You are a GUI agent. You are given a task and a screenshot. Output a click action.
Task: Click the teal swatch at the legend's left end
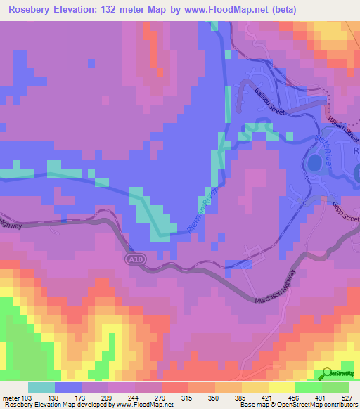pos(41,387)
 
